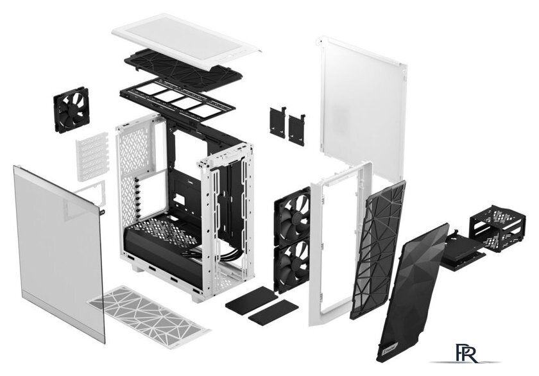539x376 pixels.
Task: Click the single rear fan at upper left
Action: tap(71, 110)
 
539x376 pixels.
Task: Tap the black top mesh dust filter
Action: tap(183, 68)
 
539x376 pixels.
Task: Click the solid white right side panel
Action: tap(361, 109)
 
